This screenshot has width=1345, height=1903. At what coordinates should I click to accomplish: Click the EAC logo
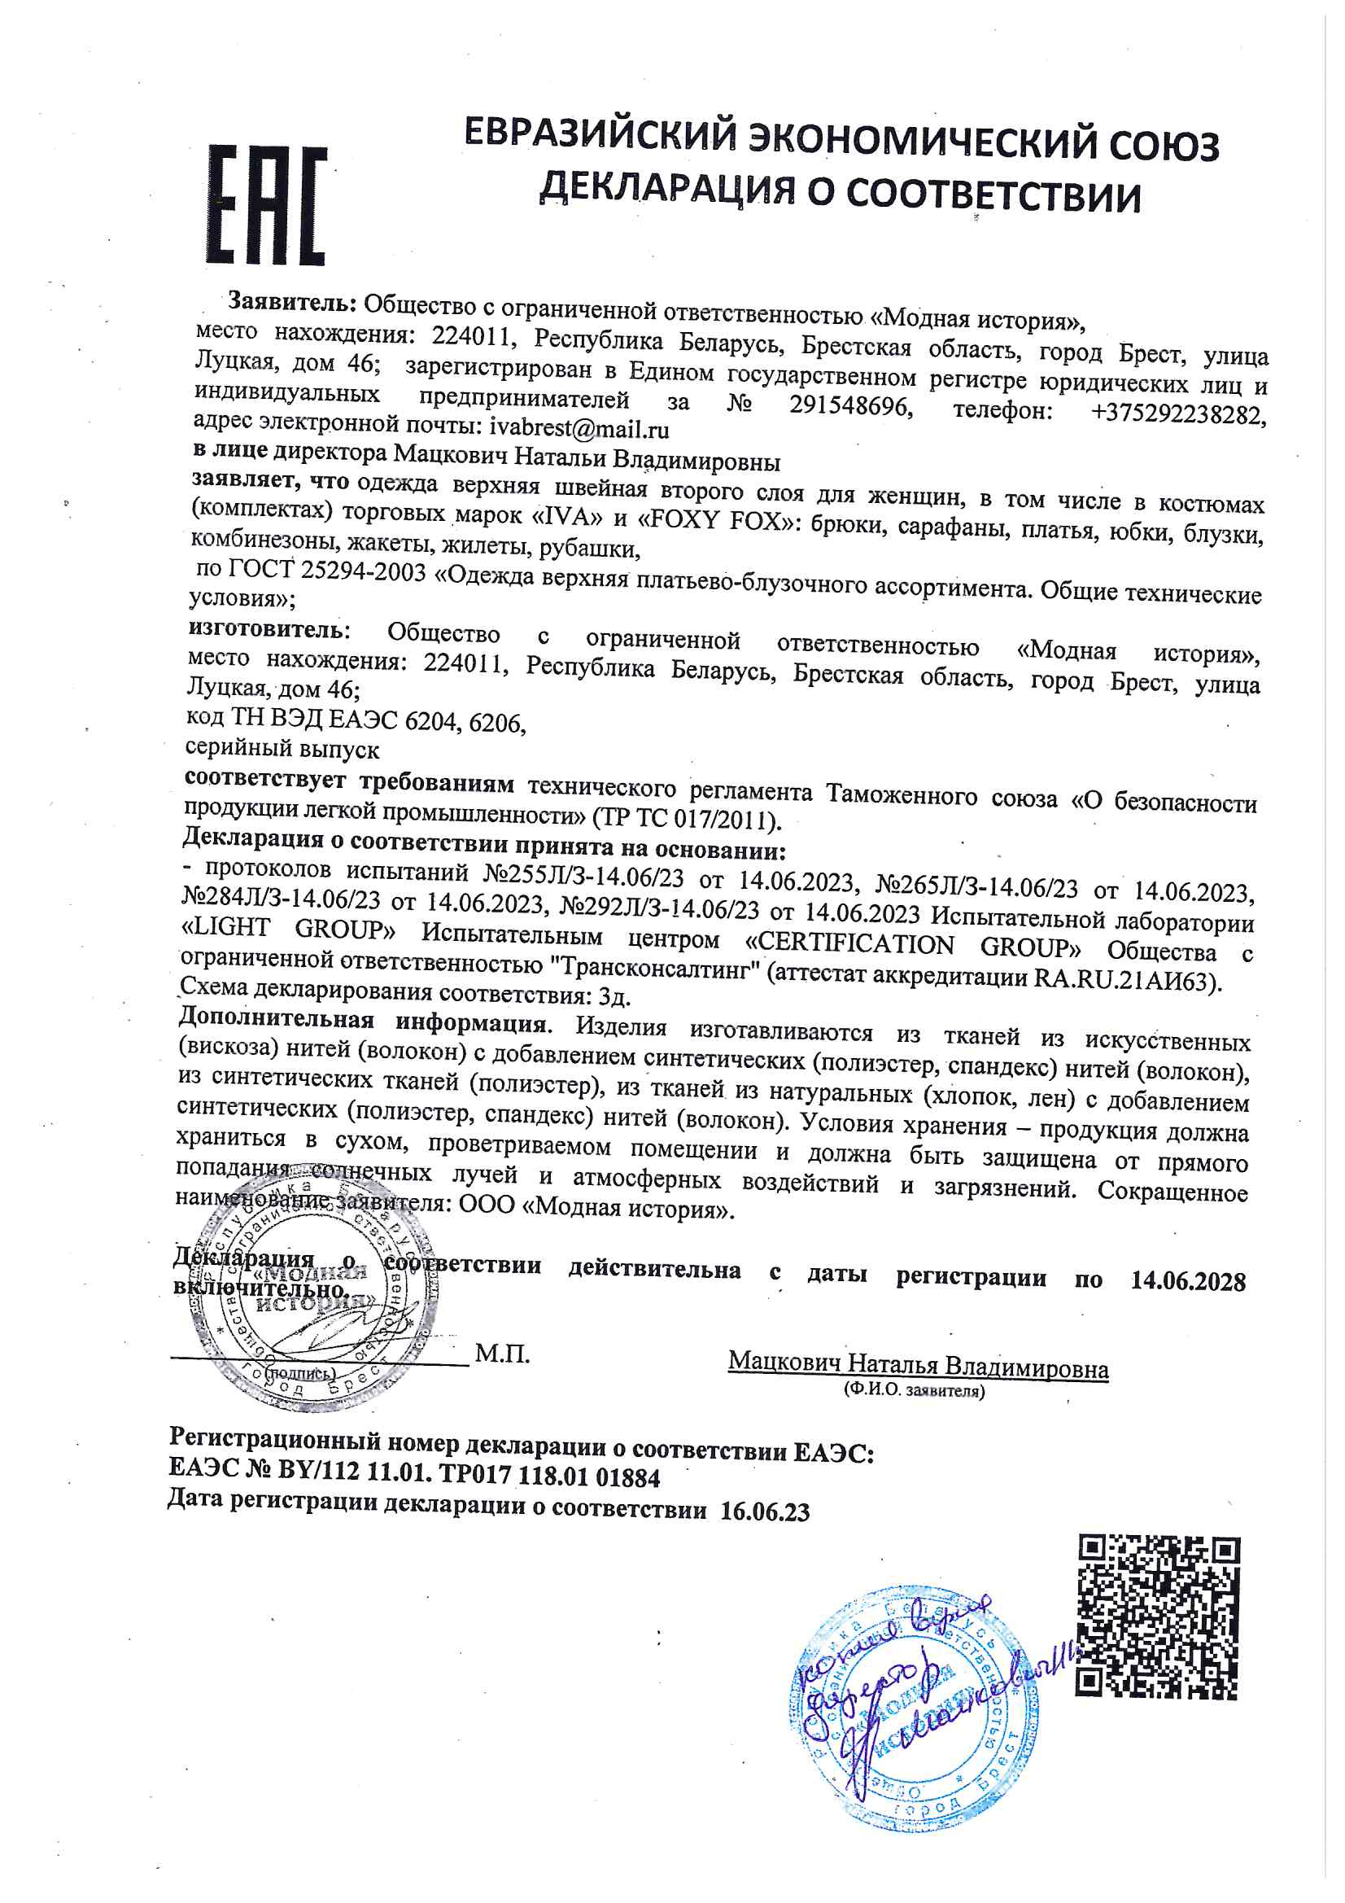pyautogui.click(x=267, y=205)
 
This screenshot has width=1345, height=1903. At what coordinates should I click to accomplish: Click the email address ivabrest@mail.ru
pyautogui.click(x=579, y=428)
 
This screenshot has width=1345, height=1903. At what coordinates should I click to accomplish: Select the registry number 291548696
pyautogui.click(x=851, y=407)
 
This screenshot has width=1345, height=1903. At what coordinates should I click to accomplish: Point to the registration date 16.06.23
pyautogui.click(x=765, y=1511)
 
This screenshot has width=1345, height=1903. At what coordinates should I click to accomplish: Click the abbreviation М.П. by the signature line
pyautogui.click(x=502, y=1354)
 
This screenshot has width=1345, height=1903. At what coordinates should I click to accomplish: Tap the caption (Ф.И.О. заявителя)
pyautogui.click(x=915, y=1392)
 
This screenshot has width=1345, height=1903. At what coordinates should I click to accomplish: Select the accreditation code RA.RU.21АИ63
pyautogui.click(x=1124, y=979)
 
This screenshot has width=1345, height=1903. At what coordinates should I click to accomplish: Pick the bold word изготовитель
pyautogui.click(x=268, y=628)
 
